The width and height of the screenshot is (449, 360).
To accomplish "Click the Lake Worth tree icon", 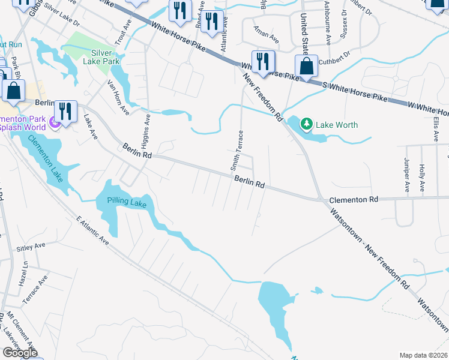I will point(307,124).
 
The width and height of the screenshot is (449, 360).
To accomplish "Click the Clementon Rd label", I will point(354,199).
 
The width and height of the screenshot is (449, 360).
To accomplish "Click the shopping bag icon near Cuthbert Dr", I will point(306,67).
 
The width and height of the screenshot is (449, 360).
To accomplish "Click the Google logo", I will point(20,353).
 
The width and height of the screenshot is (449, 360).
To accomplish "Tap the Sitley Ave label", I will point(31,247).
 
